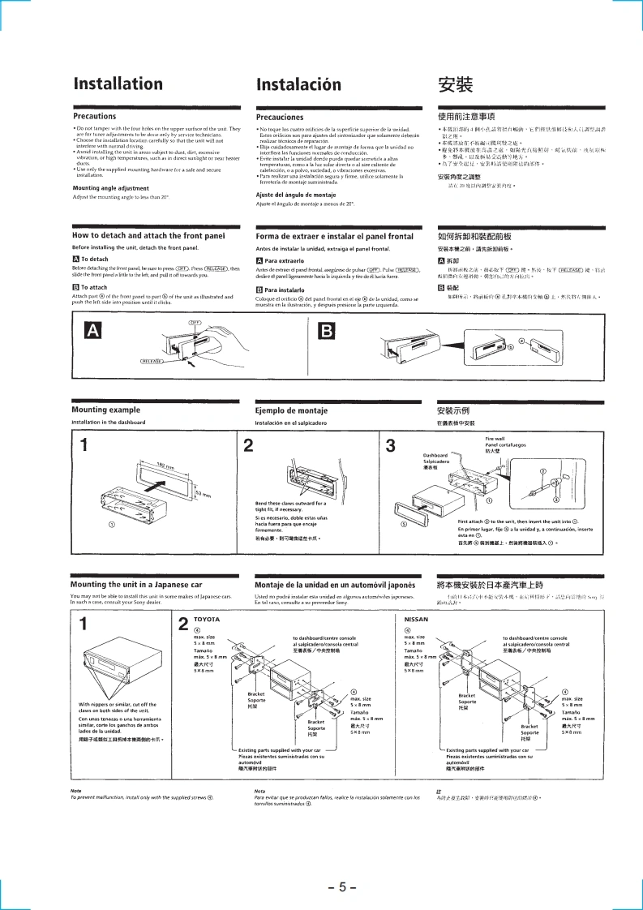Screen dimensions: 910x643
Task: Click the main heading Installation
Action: [x=118, y=84]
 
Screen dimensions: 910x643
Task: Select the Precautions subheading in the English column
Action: [x=94, y=117]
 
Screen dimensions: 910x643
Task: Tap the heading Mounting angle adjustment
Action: [x=110, y=188]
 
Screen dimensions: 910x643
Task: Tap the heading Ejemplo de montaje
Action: [x=292, y=410]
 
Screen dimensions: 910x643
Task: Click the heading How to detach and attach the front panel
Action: [x=148, y=236]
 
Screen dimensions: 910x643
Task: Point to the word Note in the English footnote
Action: [x=76, y=791]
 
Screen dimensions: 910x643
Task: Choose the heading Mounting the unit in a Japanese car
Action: [x=136, y=584]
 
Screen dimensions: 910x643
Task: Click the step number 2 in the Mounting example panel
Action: [x=247, y=445]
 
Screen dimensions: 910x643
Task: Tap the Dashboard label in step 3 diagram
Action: [x=435, y=456]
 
